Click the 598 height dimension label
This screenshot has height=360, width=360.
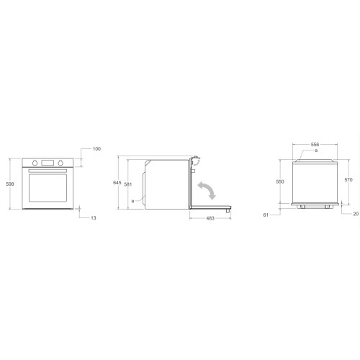click(10, 184)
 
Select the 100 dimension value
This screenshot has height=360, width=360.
click(96, 149)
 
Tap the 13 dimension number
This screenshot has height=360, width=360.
click(94, 218)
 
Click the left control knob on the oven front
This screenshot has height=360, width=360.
click(35, 163)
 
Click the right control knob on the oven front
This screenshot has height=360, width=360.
click(60, 163)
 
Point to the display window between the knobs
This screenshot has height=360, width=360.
click(48, 163)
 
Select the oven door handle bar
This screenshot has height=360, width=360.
click(48, 171)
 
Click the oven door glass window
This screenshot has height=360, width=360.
click(48, 188)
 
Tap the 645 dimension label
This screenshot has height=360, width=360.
click(117, 183)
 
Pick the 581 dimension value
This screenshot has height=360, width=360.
click(128, 184)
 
